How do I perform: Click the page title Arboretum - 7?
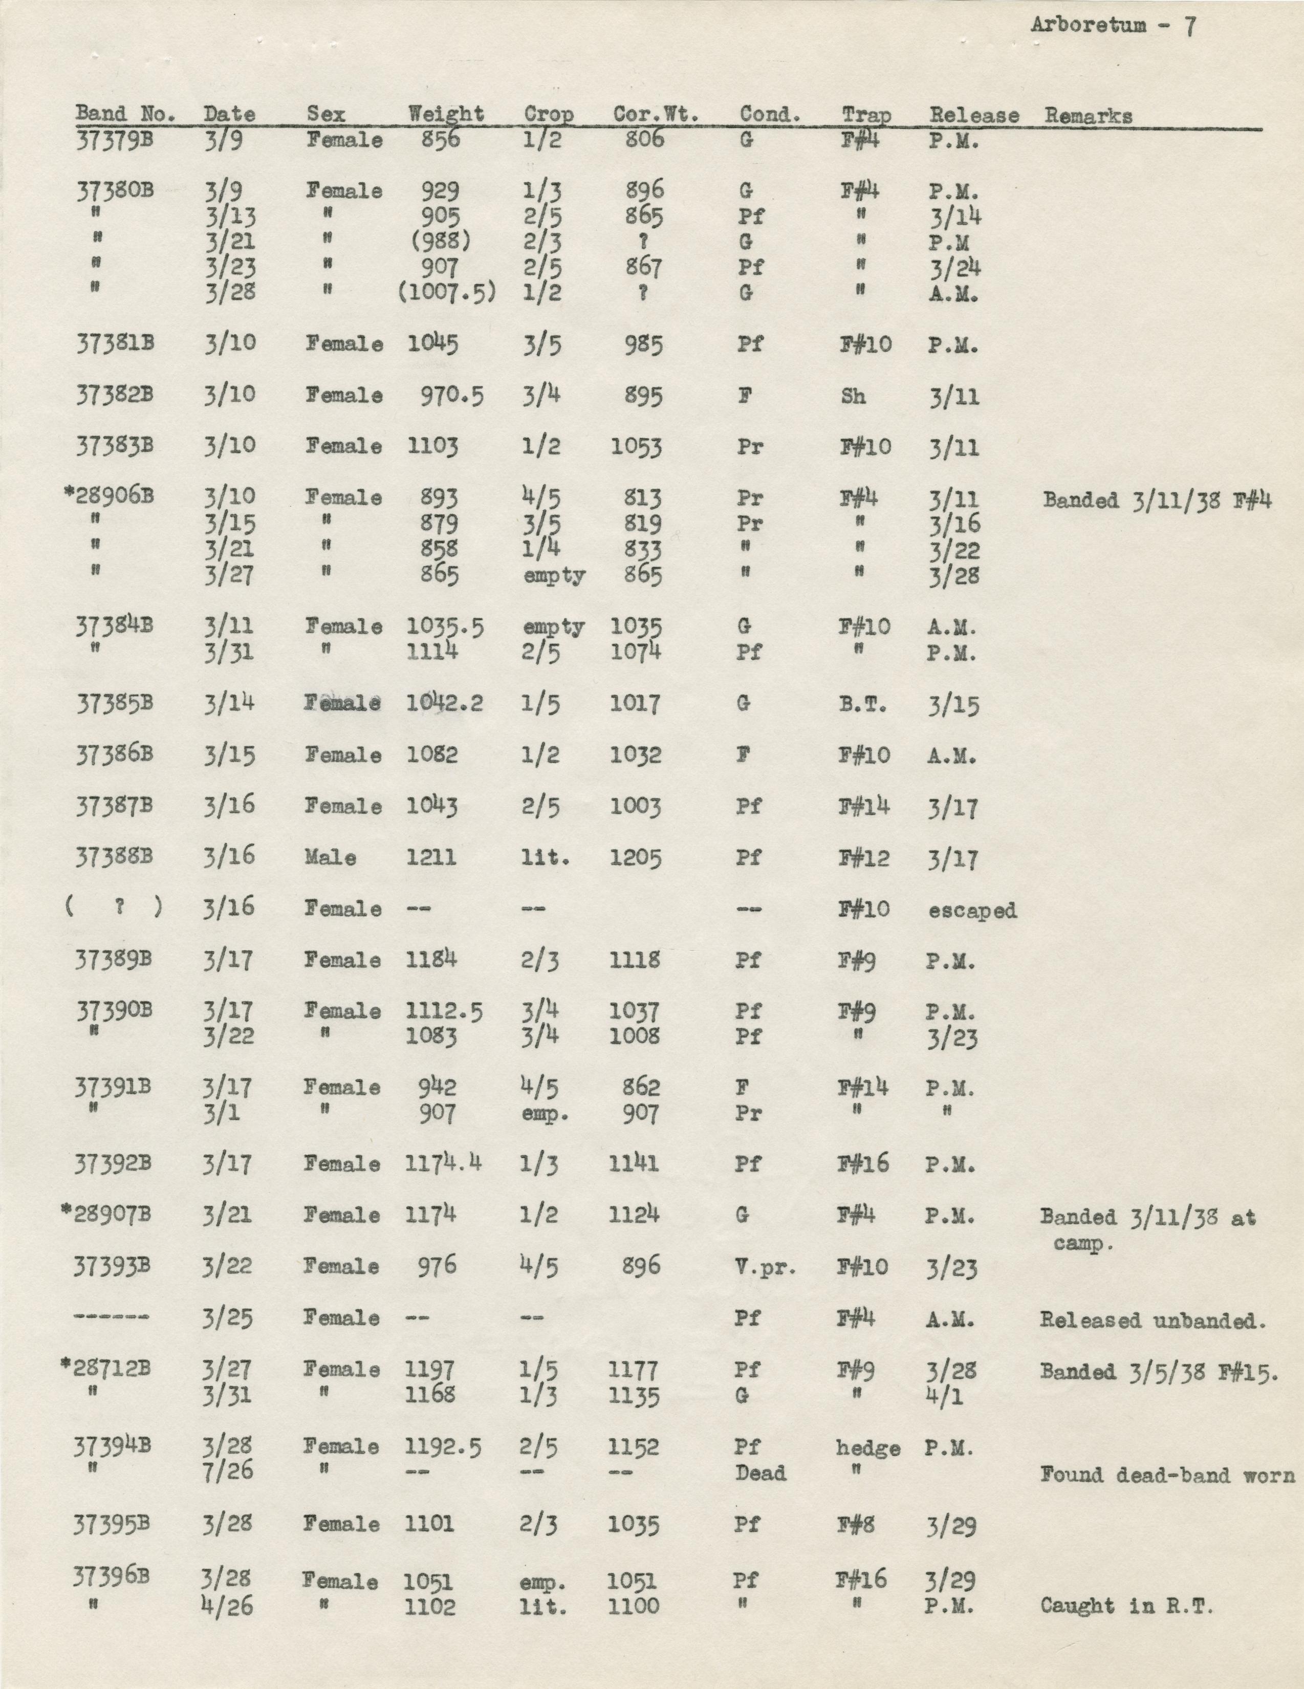[1114, 26]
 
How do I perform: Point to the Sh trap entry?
[853, 396]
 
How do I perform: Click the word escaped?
[972, 910]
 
